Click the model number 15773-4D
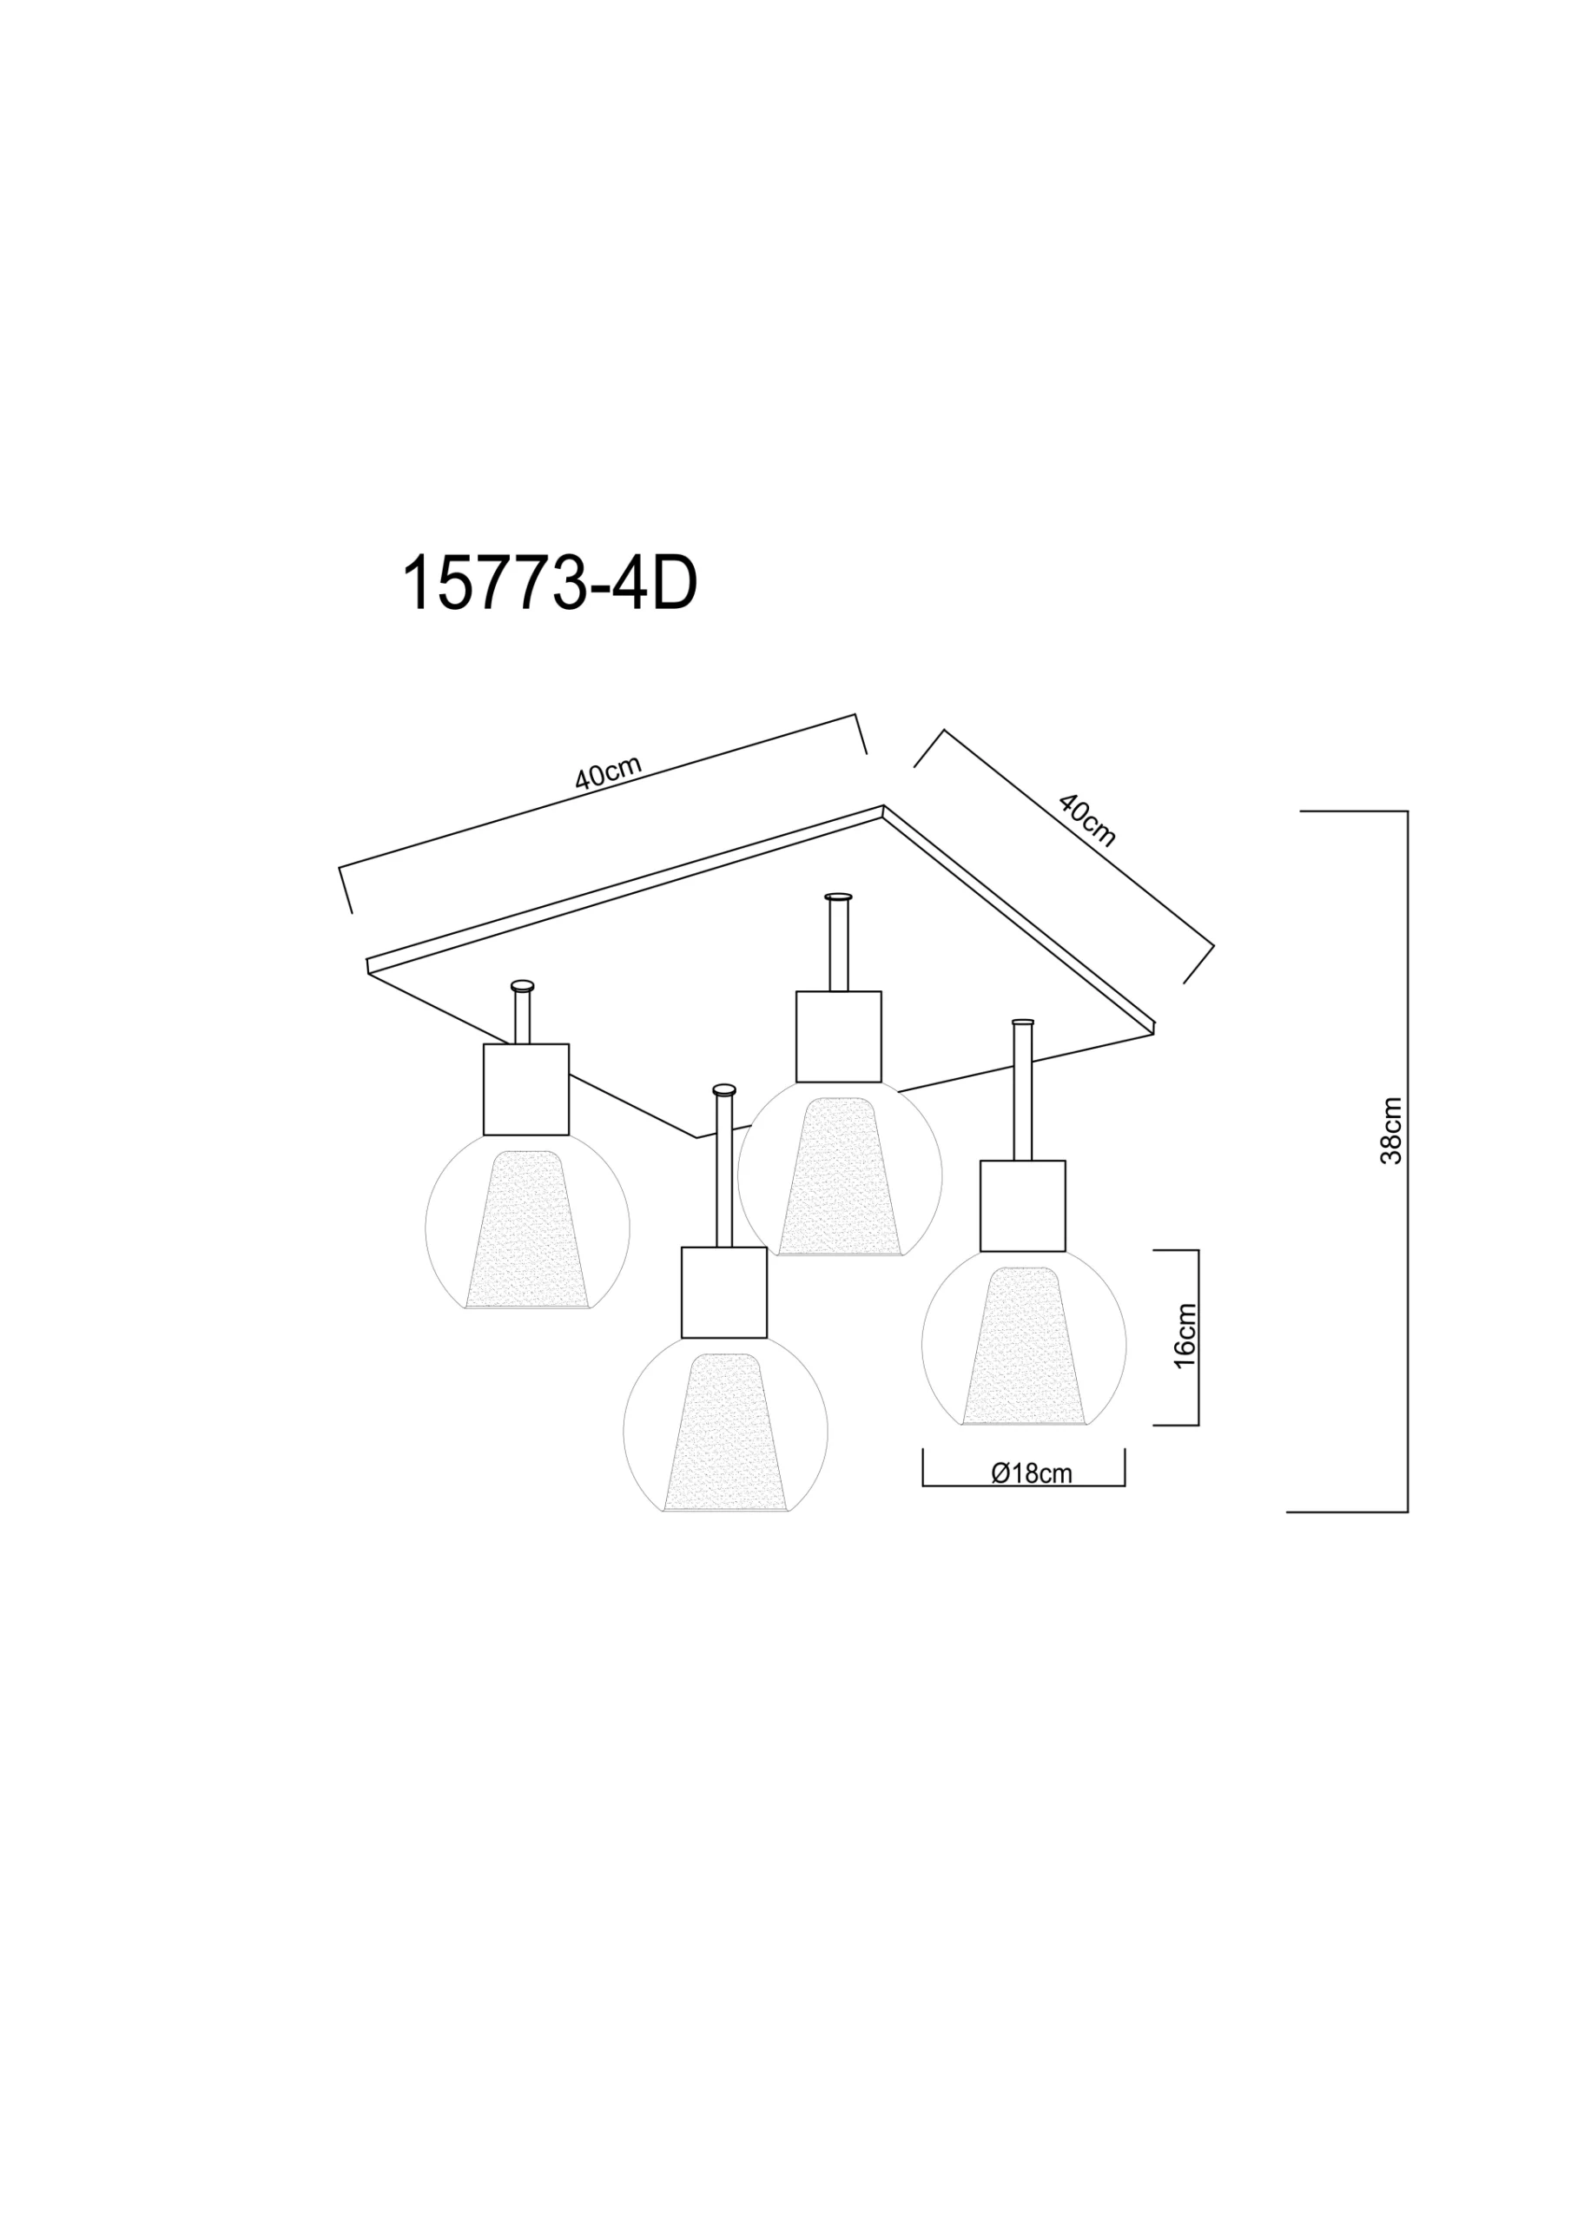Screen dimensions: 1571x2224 tap(549, 585)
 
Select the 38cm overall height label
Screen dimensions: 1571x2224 tap(1391, 1130)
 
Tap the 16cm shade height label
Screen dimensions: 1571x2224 tap(1185, 1336)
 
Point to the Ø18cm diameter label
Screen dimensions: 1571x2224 tap(1032, 1473)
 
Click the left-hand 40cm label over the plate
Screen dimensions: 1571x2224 tap(608, 773)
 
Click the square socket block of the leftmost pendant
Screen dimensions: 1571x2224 tap(526, 1089)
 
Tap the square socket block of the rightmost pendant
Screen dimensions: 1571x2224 tap(1023, 1206)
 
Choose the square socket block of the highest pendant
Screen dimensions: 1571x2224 tap(839, 1036)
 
